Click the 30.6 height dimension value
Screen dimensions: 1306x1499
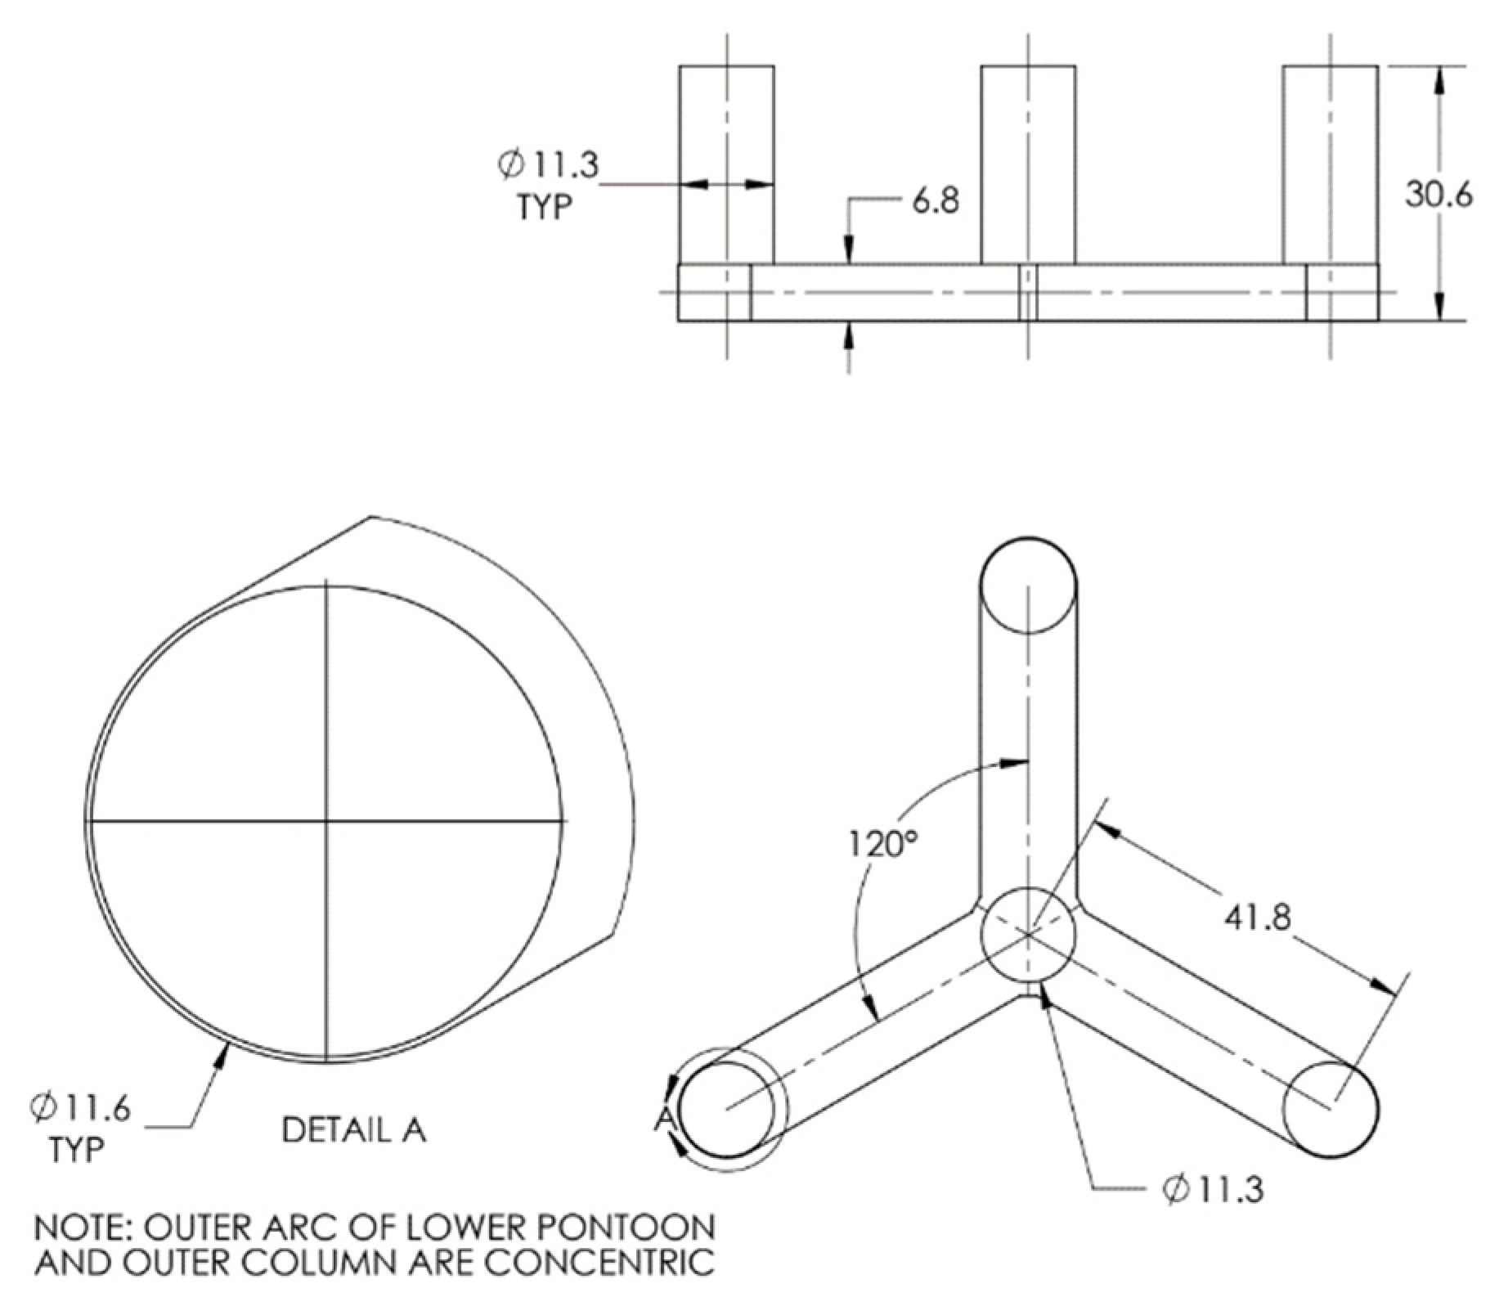[1438, 194]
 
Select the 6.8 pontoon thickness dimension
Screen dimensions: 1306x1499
[935, 200]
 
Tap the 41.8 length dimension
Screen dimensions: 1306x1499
[1257, 917]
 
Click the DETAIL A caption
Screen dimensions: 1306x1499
[353, 1130]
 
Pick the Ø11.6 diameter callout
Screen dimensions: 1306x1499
[80, 1108]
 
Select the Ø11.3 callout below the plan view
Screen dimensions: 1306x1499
[1212, 1190]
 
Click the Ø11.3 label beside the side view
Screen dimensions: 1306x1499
[548, 164]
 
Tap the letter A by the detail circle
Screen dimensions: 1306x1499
[665, 1119]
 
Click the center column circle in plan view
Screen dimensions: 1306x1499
[1028, 933]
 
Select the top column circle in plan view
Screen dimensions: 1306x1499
[1028, 585]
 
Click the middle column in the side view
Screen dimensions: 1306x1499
[1028, 164]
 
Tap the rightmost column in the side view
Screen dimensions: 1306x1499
[1330, 164]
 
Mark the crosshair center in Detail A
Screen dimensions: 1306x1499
[326, 820]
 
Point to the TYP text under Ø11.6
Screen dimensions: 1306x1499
[76, 1149]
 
